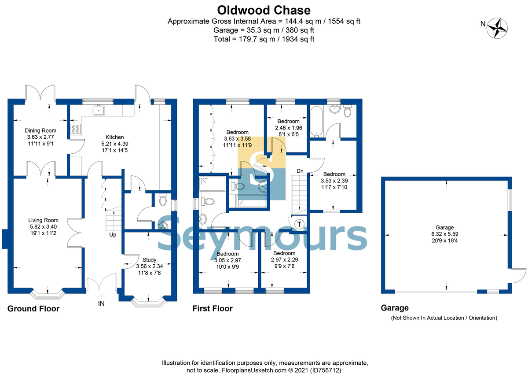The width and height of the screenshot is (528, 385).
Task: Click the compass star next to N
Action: (x=497, y=28)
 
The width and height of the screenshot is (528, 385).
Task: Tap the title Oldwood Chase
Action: (x=264, y=10)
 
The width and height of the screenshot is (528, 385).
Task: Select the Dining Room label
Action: (x=40, y=130)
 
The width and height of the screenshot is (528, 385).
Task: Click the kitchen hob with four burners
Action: (x=76, y=129)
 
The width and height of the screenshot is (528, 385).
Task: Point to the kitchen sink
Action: (x=99, y=110)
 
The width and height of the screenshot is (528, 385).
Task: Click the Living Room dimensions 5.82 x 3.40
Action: (x=43, y=226)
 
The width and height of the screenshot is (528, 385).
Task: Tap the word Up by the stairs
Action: (x=113, y=235)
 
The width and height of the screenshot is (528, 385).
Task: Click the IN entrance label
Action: (x=101, y=304)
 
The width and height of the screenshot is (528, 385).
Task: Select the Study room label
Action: (x=150, y=259)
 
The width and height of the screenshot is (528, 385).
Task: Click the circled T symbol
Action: (x=299, y=224)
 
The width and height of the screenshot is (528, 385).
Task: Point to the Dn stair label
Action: (x=300, y=171)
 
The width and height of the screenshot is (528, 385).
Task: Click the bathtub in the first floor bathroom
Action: (x=316, y=122)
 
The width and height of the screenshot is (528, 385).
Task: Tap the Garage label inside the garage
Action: (x=444, y=227)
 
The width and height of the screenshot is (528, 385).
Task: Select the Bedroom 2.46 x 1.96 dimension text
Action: (x=289, y=128)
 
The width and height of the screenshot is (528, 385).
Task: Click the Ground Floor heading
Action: (x=33, y=308)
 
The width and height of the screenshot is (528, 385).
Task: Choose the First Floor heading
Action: (x=213, y=308)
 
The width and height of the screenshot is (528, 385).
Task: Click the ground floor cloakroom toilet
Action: (x=163, y=200)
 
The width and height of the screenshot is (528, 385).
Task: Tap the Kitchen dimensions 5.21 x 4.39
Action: (x=115, y=144)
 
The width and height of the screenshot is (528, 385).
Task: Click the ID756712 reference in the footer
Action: (x=326, y=370)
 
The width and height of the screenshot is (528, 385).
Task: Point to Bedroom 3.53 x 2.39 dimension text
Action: (x=334, y=181)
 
